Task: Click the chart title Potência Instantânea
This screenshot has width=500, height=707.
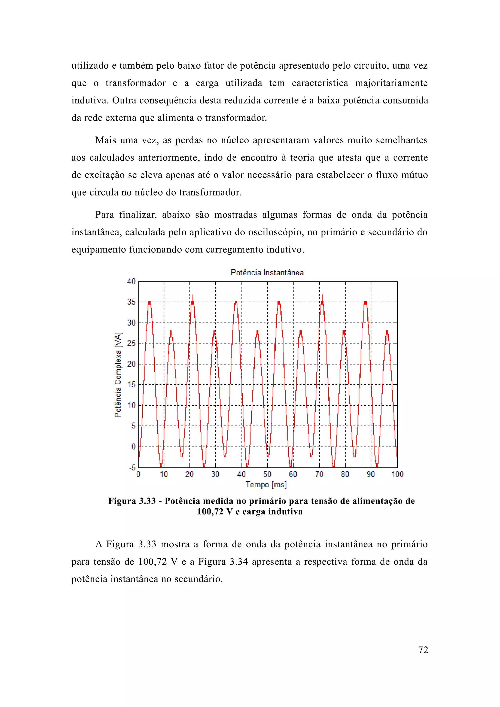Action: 267,272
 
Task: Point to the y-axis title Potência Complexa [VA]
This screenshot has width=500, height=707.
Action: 118,375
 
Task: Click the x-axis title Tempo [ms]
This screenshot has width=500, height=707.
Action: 266,484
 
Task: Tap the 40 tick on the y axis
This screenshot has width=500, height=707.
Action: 131,281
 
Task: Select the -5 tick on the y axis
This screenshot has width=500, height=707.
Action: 132,468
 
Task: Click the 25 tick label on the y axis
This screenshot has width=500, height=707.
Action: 131,343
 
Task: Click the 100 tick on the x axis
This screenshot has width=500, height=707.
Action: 397,474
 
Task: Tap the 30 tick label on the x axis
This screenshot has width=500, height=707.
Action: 215,474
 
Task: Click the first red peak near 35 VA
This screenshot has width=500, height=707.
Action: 149,302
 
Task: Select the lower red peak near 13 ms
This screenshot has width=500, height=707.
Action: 171,332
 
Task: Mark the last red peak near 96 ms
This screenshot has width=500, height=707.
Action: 387,332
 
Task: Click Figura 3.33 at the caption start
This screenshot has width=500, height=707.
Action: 132,501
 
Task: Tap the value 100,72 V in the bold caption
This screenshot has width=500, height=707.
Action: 215,512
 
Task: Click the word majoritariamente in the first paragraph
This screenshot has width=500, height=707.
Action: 391,83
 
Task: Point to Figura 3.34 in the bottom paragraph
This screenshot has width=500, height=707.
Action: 223,562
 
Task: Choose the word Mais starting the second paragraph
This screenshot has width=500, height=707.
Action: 105,140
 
